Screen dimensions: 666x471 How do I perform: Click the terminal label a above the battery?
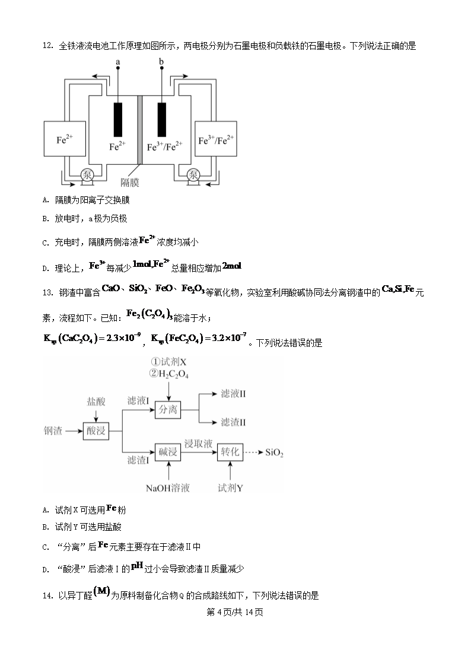(118, 62)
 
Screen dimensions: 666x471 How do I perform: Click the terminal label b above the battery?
(161, 62)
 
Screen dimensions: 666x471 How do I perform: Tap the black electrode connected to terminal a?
(118, 120)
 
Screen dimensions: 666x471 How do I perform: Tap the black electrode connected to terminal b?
(161, 120)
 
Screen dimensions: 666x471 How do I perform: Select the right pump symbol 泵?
(193, 174)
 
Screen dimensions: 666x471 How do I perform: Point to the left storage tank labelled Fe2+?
(65, 141)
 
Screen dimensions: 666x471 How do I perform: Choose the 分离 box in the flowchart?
(168, 409)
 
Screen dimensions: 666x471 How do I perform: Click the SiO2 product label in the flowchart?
(274, 454)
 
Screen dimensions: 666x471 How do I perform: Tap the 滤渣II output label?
(233, 422)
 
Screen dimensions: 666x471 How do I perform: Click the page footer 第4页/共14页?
(235, 612)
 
